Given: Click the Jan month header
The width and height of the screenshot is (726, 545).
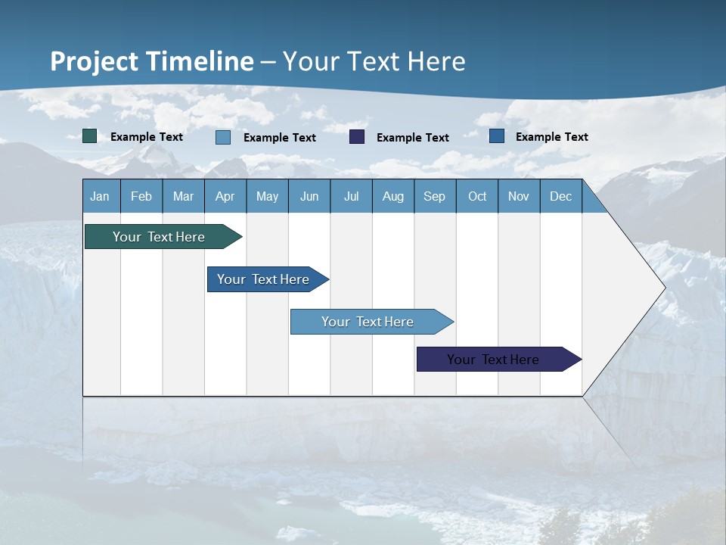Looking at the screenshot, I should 100,196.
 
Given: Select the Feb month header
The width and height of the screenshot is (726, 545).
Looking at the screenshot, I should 141,196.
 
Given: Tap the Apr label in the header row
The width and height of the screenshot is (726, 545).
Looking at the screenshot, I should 225,196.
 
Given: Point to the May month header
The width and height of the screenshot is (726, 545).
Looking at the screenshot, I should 267,196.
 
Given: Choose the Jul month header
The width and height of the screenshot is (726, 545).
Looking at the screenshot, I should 351,196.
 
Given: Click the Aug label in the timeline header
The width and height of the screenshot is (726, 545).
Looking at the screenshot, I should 392,196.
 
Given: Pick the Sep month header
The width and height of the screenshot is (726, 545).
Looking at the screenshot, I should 434,196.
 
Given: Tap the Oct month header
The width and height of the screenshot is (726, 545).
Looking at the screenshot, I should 477,196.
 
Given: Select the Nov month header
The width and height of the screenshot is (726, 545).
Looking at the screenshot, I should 519,196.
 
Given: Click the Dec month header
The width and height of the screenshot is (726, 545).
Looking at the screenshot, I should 560,196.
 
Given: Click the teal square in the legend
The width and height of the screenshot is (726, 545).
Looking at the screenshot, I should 90,136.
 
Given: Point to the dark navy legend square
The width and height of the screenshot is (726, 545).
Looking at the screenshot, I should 357,137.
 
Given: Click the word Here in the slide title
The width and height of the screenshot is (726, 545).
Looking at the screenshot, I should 436,61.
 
